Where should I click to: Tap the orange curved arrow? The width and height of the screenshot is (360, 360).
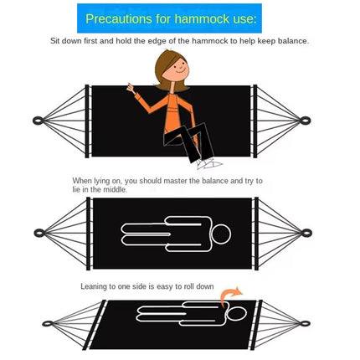click(x=231, y=294)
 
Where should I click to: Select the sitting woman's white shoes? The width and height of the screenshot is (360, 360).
click(x=208, y=163)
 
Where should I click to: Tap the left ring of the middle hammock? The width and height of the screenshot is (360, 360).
click(x=39, y=232)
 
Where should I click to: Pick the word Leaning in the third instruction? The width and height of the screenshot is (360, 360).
click(x=95, y=286)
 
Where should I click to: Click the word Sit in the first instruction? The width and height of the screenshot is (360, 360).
click(x=55, y=40)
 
